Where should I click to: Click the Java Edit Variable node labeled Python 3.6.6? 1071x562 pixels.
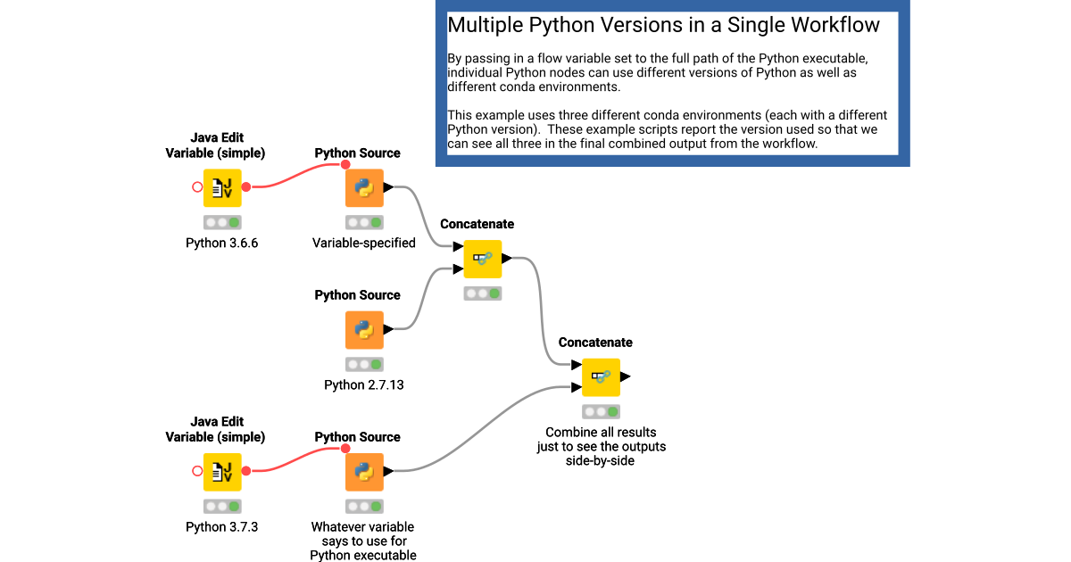[x=222, y=188]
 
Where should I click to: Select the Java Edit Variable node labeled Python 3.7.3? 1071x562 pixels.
[x=222, y=472]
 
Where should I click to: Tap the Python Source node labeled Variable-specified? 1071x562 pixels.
[x=364, y=188]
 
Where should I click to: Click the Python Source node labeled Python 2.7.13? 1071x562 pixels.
[x=364, y=330]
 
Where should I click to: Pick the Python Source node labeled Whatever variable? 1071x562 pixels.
[x=364, y=472]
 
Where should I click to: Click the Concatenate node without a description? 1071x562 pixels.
[x=483, y=259]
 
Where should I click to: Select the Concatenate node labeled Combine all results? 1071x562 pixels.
[x=601, y=377]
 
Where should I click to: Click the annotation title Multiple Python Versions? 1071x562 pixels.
[x=663, y=25]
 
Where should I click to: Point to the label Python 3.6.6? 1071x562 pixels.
[x=222, y=243]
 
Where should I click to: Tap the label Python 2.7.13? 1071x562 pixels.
[x=364, y=384]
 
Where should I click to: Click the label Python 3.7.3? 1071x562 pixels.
[x=222, y=526]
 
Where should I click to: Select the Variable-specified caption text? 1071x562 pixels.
[x=364, y=243]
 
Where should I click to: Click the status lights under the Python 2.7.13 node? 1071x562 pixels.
[x=364, y=365]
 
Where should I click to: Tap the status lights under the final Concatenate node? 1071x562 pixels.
[x=601, y=411]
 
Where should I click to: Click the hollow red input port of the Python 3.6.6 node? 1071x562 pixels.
[x=197, y=186]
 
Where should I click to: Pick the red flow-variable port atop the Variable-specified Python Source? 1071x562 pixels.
[x=345, y=164]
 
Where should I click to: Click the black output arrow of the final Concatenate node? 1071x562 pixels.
[x=626, y=376]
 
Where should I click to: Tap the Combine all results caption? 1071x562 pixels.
[x=601, y=446]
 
